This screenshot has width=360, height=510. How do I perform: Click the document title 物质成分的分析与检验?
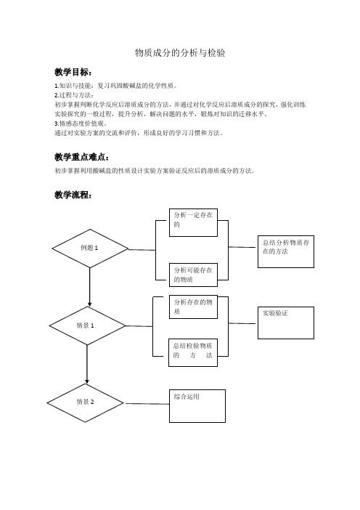pos(180,53)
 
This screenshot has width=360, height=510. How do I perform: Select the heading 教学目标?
pos(73,72)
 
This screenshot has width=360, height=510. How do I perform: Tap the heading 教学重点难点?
pos(81,157)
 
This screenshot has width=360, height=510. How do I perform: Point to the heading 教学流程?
pos(73,195)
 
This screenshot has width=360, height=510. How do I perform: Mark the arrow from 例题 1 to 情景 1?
pos(90,287)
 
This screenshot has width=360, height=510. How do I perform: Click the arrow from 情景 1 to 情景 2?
pos(87,364)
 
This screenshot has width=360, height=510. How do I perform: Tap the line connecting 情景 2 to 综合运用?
pos(147,404)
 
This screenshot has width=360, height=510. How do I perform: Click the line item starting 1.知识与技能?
pos(116,86)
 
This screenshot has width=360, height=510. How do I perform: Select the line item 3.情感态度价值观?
pos(81,124)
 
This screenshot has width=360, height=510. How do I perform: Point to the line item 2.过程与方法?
pos(74,95)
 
